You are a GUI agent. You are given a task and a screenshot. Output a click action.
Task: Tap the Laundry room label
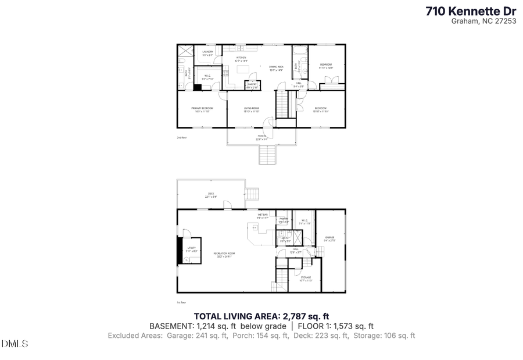207,53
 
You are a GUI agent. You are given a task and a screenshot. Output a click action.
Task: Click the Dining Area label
276,67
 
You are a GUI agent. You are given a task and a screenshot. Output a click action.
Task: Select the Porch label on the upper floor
261,138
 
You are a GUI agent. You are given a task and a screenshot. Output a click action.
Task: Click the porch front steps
266,155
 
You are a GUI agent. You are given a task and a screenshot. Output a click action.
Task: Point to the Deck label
210,195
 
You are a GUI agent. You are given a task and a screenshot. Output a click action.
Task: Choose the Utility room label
192,248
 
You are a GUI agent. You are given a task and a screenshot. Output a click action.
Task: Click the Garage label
329,238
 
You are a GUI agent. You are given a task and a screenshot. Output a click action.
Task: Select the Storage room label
306,279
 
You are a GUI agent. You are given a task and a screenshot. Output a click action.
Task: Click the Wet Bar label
263,216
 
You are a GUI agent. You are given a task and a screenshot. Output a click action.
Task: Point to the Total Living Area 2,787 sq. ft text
261,316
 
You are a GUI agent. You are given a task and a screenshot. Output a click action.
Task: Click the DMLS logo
15,344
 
